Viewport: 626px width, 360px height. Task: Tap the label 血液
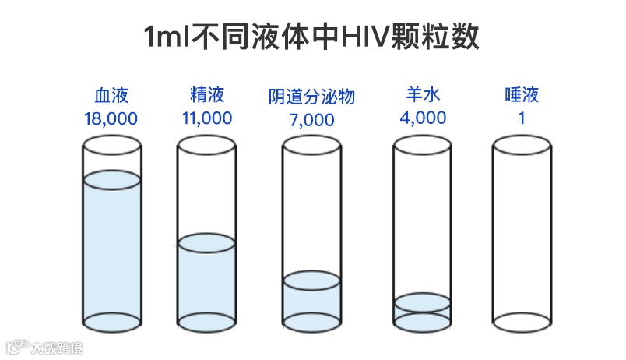click(x=111, y=96)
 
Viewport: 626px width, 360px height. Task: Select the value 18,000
click(x=111, y=118)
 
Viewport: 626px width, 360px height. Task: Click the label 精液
click(x=206, y=96)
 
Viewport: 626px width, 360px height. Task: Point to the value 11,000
click(x=206, y=118)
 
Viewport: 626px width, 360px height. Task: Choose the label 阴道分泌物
click(x=311, y=97)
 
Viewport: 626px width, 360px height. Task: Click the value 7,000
click(x=311, y=120)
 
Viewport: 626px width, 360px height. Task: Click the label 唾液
click(x=521, y=96)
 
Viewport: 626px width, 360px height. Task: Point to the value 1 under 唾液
click(x=521, y=118)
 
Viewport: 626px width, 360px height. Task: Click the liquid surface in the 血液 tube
click(x=111, y=179)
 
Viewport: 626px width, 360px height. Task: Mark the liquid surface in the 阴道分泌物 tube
click(x=311, y=279)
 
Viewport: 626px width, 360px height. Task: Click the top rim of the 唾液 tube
click(x=521, y=145)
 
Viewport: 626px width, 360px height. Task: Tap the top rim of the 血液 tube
click(x=111, y=145)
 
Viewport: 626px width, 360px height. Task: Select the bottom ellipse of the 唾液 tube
click(x=521, y=320)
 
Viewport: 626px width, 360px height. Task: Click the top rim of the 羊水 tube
click(x=423, y=145)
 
